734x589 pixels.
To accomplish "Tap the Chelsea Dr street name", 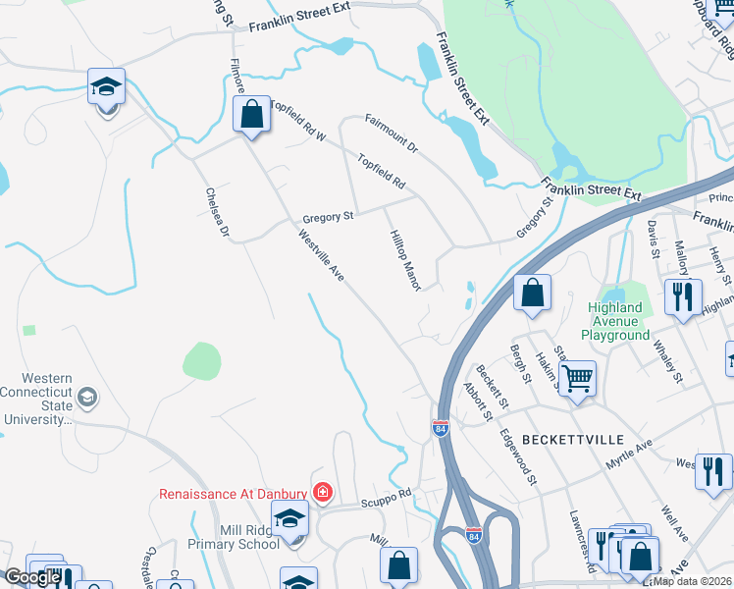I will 217,213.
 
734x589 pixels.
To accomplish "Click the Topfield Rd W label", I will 296,120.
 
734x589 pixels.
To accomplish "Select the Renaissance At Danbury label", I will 234,492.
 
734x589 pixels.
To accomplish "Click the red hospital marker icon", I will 321,491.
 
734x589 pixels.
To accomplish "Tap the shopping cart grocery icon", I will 577,375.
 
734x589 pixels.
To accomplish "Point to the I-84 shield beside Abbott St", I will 441,428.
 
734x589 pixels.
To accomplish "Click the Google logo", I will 32,577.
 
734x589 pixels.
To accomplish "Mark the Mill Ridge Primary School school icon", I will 289,518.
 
